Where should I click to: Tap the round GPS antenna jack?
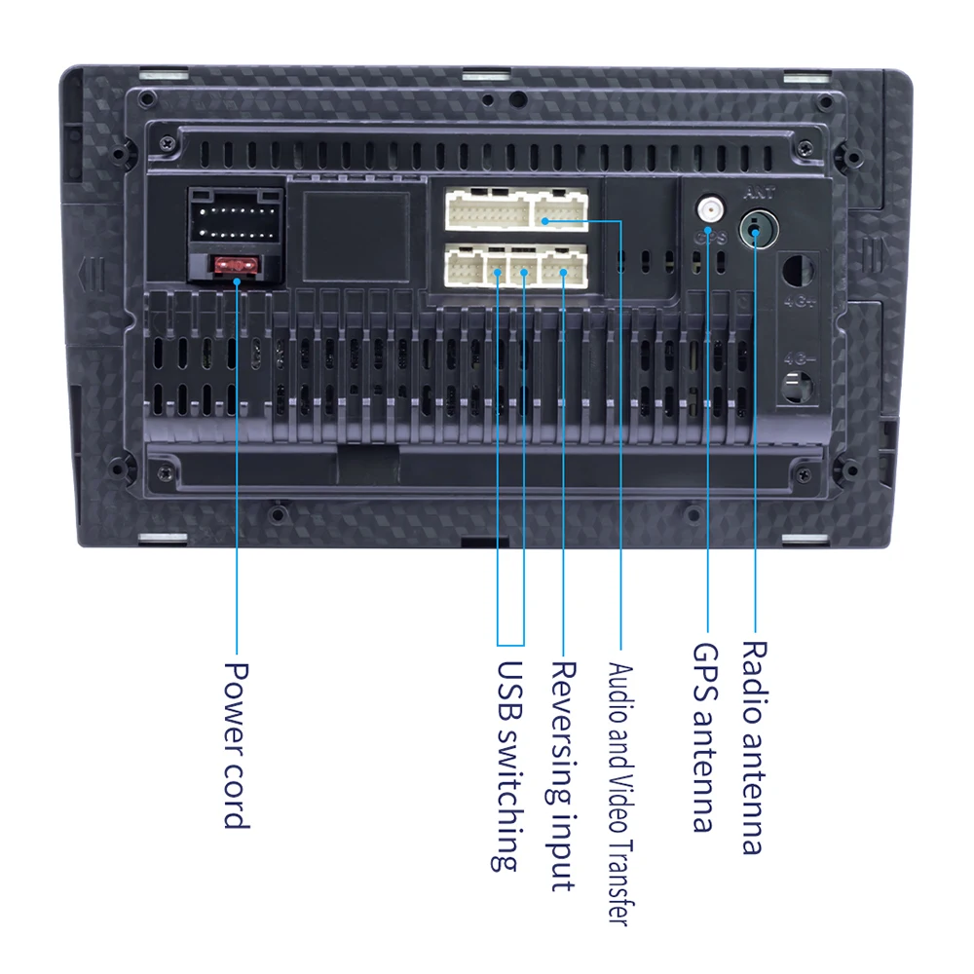click(x=708, y=209)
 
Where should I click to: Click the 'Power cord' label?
click(x=237, y=745)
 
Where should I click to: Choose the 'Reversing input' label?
click(x=563, y=776)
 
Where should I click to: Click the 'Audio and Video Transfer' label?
click(x=620, y=794)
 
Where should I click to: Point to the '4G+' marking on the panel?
click(x=796, y=302)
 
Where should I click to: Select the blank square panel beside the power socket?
click(x=356, y=235)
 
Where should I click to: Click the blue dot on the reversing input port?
click(x=563, y=273)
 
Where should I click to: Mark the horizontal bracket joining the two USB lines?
click(x=510, y=644)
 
